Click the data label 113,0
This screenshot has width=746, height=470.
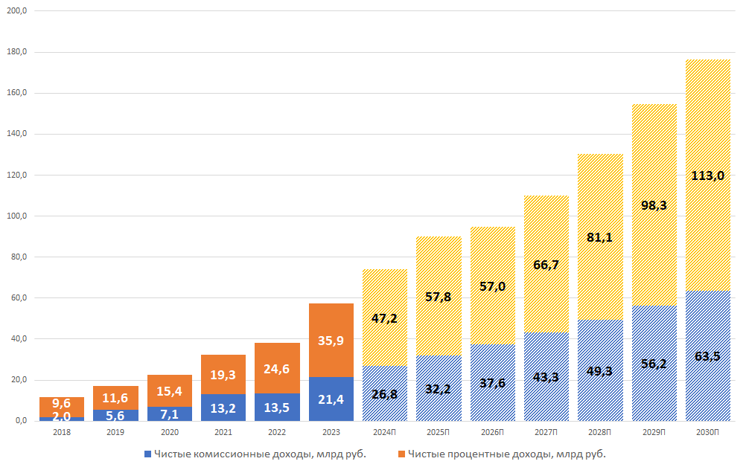pyautogui.click(x=707, y=176)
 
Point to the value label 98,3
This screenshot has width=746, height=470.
pyautogui.click(x=654, y=205)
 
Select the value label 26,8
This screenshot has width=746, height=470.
pyautogui.click(x=384, y=394)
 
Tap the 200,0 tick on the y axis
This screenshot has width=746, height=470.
pyautogui.click(x=17, y=11)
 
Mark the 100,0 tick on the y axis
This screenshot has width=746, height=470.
pyautogui.click(x=17, y=216)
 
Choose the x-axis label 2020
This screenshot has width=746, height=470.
pyautogui.click(x=169, y=432)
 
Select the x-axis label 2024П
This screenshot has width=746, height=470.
pyautogui.click(x=384, y=432)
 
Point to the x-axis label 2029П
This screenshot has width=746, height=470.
pyautogui.click(x=654, y=432)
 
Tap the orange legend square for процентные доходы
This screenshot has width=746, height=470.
pyautogui.click(x=401, y=453)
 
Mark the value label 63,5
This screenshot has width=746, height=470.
pyautogui.click(x=707, y=356)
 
